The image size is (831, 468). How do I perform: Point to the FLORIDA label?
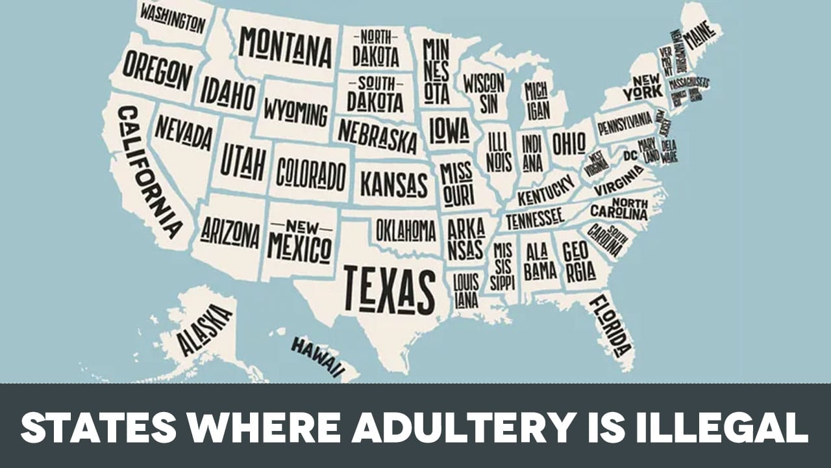click(x=610, y=326)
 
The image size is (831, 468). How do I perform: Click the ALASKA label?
click(x=204, y=330)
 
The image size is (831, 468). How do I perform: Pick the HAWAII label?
click(x=316, y=357)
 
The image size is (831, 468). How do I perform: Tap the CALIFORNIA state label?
click(x=149, y=172)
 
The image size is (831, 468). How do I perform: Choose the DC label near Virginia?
click(x=630, y=156)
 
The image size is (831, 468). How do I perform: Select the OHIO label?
click(x=569, y=143)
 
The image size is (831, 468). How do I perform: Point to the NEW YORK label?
click(x=643, y=86)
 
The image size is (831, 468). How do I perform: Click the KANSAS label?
click(x=394, y=185)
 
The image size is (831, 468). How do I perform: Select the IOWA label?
click(x=449, y=130)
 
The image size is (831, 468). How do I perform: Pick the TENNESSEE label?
click(x=534, y=219)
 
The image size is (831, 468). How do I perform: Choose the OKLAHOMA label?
click(x=406, y=230)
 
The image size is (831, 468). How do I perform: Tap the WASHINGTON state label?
click(x=172, y=19)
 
